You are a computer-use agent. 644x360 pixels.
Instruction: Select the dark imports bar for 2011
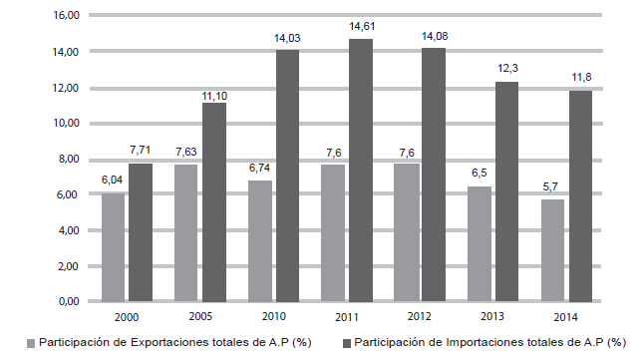[361, 170]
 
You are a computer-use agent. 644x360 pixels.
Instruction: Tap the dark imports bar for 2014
[580, 195]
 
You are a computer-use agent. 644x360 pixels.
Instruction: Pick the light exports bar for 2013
[480, 243]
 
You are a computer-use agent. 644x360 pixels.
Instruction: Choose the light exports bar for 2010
[260, 240]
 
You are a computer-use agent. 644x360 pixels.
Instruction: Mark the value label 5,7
[552, 186]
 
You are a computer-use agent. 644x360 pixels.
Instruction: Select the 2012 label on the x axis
[420, 316]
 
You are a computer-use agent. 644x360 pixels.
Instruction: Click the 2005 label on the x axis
[200, 316]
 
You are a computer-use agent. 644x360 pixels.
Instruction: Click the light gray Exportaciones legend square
[32, 343]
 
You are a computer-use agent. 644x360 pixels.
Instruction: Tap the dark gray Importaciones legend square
[348, 343]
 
